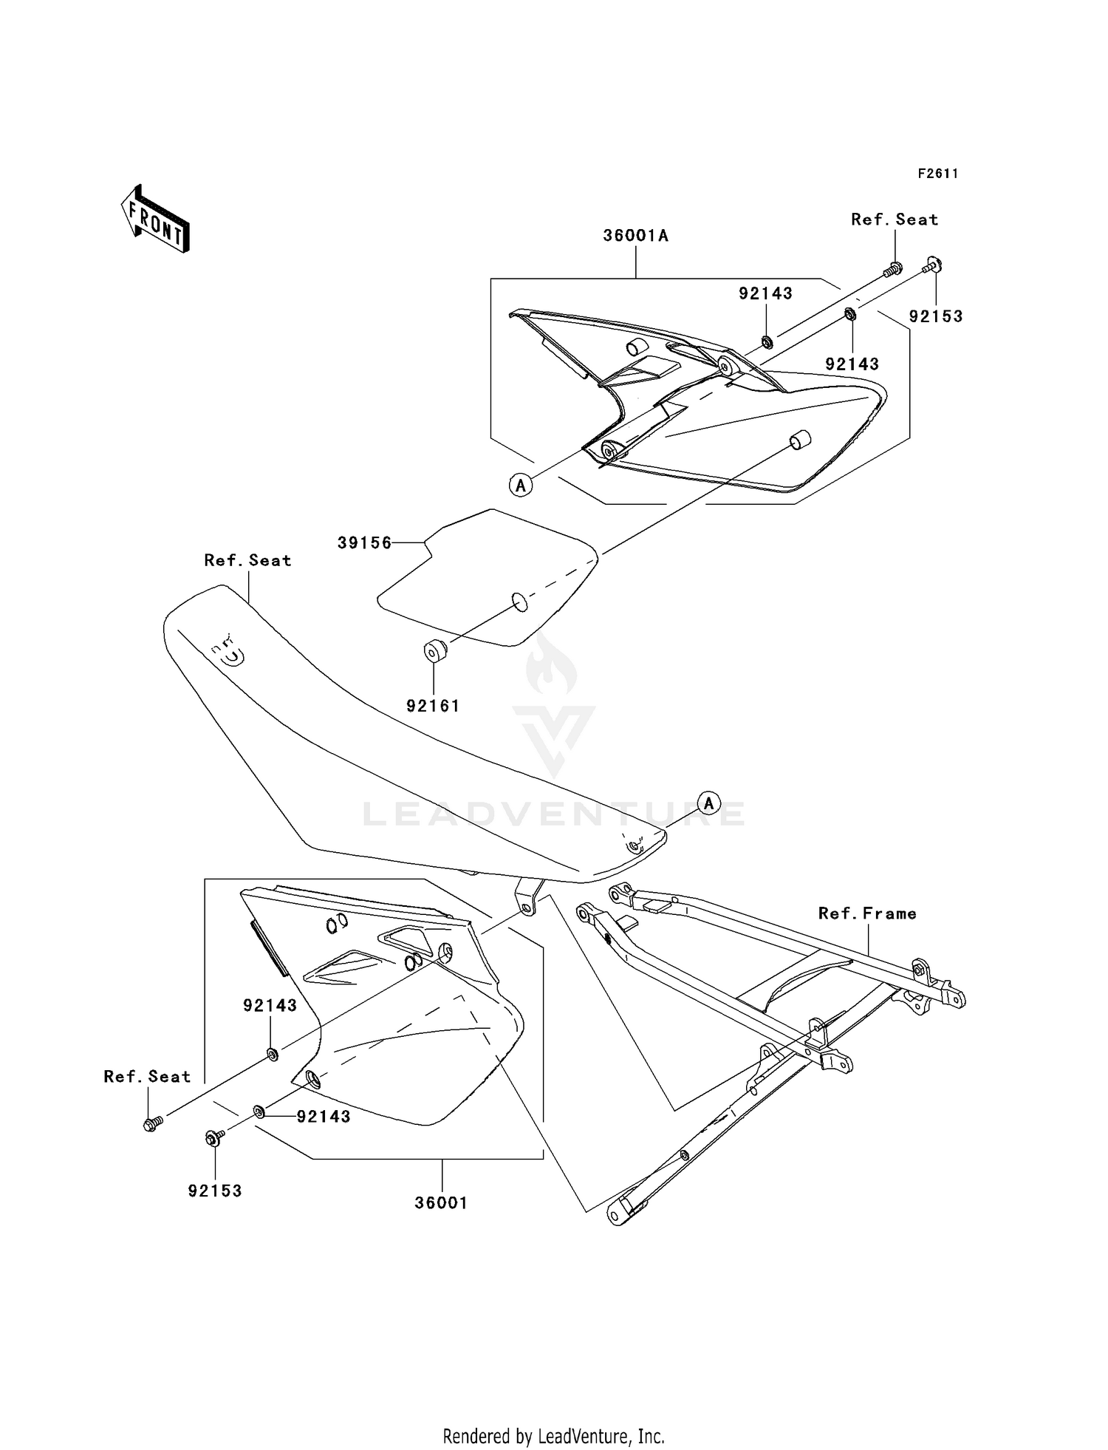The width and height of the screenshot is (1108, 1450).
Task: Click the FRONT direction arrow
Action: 155,219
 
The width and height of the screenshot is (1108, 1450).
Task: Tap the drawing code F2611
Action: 938,174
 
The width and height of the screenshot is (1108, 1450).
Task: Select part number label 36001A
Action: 635,236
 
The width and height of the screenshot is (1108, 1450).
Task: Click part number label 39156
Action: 364,542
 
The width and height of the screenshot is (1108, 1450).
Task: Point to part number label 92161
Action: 433,706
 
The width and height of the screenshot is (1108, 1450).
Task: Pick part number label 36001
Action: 441,1202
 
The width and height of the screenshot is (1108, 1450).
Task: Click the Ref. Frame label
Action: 867,913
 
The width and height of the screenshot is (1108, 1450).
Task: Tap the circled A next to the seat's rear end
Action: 708,803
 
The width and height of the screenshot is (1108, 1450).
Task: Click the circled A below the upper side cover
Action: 521,485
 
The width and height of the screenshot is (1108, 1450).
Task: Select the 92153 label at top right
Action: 936,316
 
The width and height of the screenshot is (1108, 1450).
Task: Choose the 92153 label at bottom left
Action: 215,1191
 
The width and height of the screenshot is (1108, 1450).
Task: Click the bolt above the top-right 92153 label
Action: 933,265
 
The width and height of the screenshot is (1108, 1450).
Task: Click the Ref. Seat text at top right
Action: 895,219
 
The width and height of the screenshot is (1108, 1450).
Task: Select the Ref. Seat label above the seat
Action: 247,560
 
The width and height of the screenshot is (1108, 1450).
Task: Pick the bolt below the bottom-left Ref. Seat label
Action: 152,1125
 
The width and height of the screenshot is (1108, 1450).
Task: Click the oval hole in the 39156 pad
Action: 520,602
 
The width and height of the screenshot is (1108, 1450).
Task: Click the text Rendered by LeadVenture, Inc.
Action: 553,1436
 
